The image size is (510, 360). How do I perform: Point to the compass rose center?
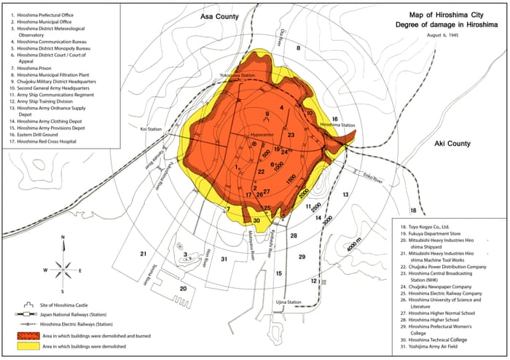(65, 266)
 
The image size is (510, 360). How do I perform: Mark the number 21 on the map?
(144, 254)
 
